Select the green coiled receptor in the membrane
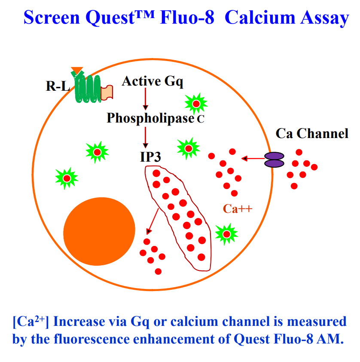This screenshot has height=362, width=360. [88, 88]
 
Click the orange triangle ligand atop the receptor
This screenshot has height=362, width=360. [77, 70]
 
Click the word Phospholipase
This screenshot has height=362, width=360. [150, 118]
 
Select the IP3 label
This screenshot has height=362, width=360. [150, 156]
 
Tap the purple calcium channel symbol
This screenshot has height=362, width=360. [274, 160]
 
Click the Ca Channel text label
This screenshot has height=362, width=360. [312, 134]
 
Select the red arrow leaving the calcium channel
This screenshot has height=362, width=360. [253, 159]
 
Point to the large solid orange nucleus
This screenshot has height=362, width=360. [99, 231]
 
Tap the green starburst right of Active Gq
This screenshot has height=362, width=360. [196, 104]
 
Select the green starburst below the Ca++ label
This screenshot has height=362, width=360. [226, 234]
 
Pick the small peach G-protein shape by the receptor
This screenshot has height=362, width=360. [107, 91]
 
